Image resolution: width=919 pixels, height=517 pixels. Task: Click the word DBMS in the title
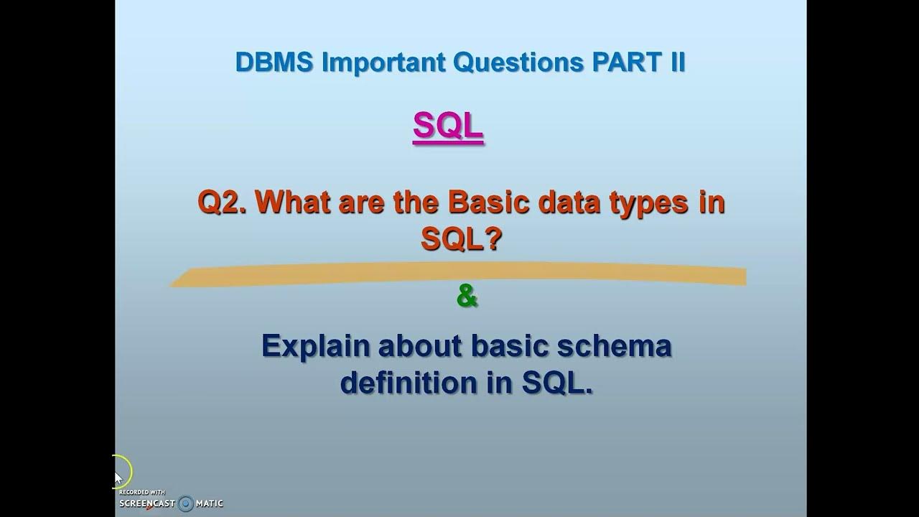tap(274, 62)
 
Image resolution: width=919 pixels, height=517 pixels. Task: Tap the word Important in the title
tap(384, 62)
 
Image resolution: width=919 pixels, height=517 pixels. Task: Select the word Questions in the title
tap(519, 62)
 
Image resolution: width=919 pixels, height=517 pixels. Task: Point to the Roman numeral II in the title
tap(676, 62)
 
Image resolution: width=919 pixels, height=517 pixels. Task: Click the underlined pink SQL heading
tap(448, 127)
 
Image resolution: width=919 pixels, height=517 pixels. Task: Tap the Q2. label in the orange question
tap(222, 203)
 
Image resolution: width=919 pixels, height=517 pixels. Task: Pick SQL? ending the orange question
tap(460, 241)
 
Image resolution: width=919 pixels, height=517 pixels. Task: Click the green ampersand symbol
tap(467, 296)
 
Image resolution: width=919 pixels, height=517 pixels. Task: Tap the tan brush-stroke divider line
tap(459, 275)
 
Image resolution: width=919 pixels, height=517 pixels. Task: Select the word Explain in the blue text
tap(315, 347)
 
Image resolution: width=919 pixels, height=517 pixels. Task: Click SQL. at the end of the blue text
tap(557, 383)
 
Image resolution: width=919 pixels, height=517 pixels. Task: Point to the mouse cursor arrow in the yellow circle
tap(118, 478)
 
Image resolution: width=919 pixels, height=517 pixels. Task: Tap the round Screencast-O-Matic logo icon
tap(186, 503)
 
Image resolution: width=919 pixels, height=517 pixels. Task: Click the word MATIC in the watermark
tap(210, 503)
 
